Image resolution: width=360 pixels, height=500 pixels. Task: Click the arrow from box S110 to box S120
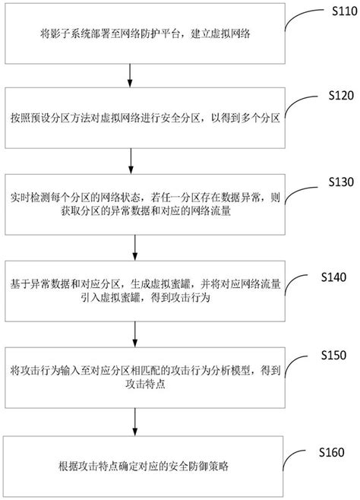coord(133,73)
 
